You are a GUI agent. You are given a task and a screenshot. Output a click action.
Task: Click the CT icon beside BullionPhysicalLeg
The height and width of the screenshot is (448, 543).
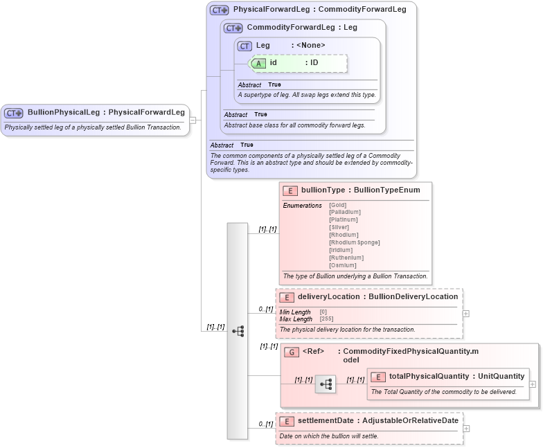click(x=14, y=113)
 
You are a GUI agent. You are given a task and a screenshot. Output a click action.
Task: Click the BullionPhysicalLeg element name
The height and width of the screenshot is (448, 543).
click(x=64, y=112)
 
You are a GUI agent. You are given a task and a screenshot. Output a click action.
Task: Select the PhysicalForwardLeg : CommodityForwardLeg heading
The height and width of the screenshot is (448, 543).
click(x=319, y=10)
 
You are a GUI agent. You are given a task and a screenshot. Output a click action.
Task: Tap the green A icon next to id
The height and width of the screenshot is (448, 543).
click(x=258, y=63)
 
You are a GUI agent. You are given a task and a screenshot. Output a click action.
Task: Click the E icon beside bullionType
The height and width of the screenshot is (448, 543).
click(x=290, y=190)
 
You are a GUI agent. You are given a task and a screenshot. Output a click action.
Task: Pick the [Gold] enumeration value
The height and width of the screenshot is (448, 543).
click(x=338, y=205)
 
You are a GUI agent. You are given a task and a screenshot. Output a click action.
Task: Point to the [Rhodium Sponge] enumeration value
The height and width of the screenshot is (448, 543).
click(x=354, y=242)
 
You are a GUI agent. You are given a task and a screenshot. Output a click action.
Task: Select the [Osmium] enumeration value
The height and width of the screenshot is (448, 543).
click(x=343, y=265)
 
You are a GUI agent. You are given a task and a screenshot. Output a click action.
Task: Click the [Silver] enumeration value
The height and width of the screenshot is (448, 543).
click(x=339, y=227)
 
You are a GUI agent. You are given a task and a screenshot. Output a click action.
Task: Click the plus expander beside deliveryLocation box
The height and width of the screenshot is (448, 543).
click(x=465, y=313)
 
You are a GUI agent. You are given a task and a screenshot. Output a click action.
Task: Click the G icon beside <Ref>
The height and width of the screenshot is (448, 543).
click(x=292, y=352)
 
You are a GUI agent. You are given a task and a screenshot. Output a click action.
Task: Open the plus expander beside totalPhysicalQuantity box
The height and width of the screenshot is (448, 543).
click(x=532, y=384)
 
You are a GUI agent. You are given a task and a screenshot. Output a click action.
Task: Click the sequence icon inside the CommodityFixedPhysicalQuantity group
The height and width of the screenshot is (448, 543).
click(x=325, y=384)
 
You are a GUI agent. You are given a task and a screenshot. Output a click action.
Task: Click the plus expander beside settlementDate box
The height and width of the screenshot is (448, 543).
click(x=465, y=428)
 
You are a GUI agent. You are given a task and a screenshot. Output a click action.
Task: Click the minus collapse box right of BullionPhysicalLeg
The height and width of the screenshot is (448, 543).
click(x=193, y=120)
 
